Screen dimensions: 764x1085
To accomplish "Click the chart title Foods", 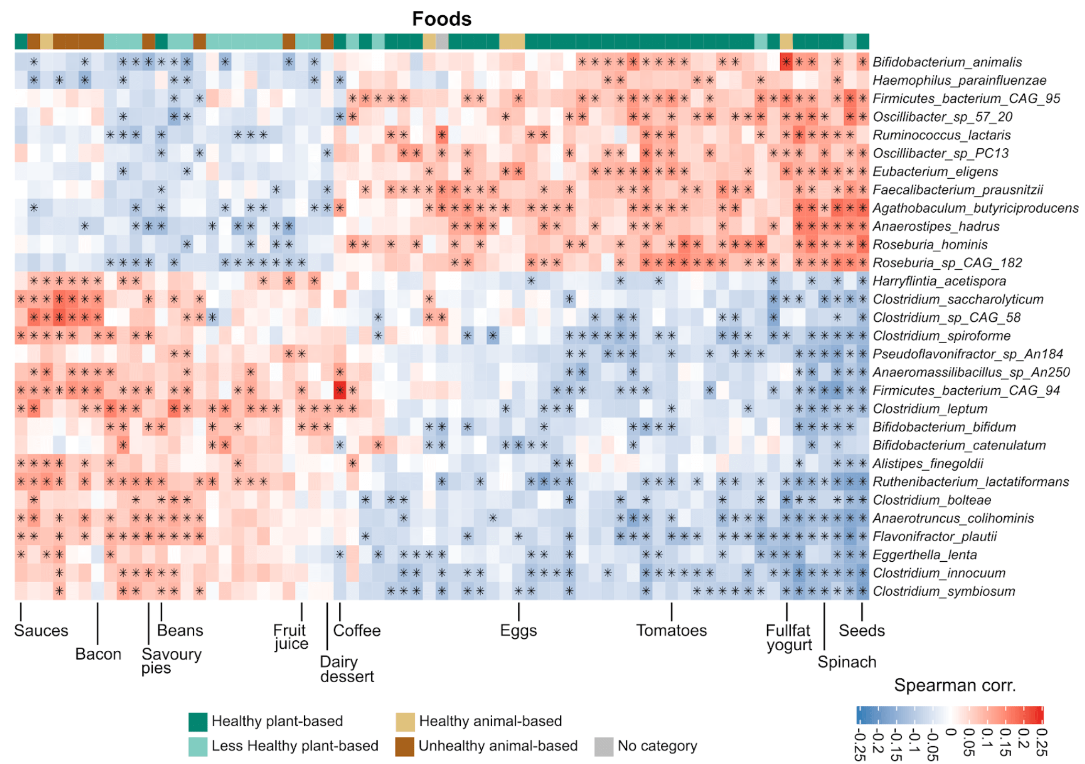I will point(441,19).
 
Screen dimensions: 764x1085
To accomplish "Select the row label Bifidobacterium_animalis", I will point(947,62).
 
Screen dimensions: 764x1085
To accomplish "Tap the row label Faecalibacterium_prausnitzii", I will point(958,190).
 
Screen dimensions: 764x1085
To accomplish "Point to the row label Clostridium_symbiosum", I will point(944,592).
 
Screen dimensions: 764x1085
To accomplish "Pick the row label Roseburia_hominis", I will point(930,245).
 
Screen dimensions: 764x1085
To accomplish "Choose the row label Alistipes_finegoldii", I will point(928,464).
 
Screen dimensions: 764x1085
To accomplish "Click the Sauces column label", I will point(41,630).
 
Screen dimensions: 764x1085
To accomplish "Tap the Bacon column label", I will point(98,654).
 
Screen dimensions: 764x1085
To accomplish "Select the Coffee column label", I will point(357,630).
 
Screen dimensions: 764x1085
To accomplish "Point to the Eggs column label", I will point(518,630).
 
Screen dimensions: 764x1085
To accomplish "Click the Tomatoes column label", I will point(671,630).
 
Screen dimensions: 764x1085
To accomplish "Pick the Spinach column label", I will point(847,662).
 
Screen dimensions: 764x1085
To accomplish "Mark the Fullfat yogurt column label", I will point(789,638).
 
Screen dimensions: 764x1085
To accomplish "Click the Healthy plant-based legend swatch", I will point(198,722).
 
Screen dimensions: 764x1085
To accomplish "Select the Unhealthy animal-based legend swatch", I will point(405,746).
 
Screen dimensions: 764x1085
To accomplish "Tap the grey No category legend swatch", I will point(604,746).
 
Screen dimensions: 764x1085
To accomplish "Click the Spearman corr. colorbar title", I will point(955,685).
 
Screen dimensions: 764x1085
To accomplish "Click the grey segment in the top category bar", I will point(442,41).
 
